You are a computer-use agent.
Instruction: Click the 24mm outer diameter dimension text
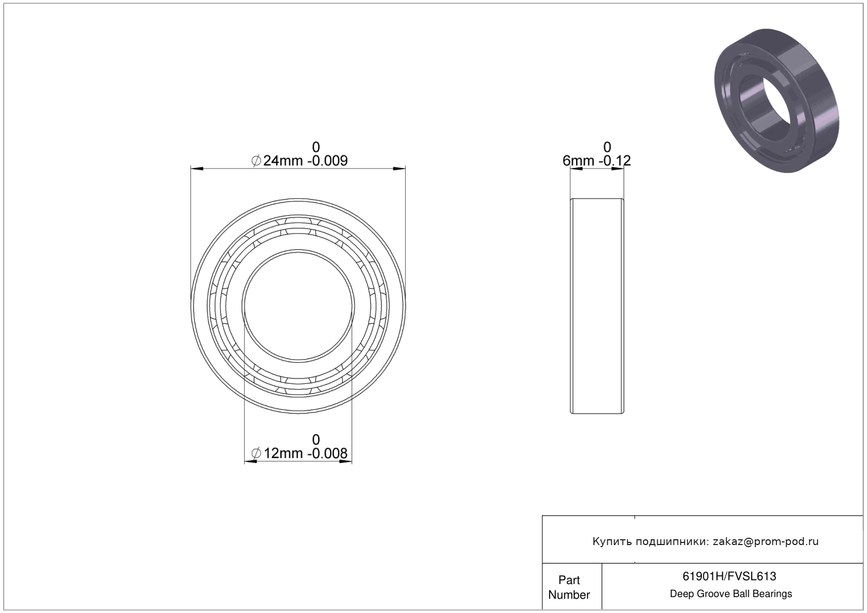point(283,161)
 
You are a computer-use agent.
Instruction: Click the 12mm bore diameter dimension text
point(283,453)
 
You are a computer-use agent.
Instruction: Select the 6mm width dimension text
point(578,161)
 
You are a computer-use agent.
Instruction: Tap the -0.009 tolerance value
point(327,161)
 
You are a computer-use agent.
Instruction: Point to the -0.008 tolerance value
point(327,453)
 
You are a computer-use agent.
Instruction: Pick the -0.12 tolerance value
point(614,161)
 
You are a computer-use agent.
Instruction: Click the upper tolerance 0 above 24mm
point(316,147)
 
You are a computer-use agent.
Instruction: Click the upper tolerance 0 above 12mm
point(316,440)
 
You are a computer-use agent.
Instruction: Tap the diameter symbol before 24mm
point(256,161)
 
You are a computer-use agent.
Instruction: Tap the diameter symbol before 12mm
point(256,453)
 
